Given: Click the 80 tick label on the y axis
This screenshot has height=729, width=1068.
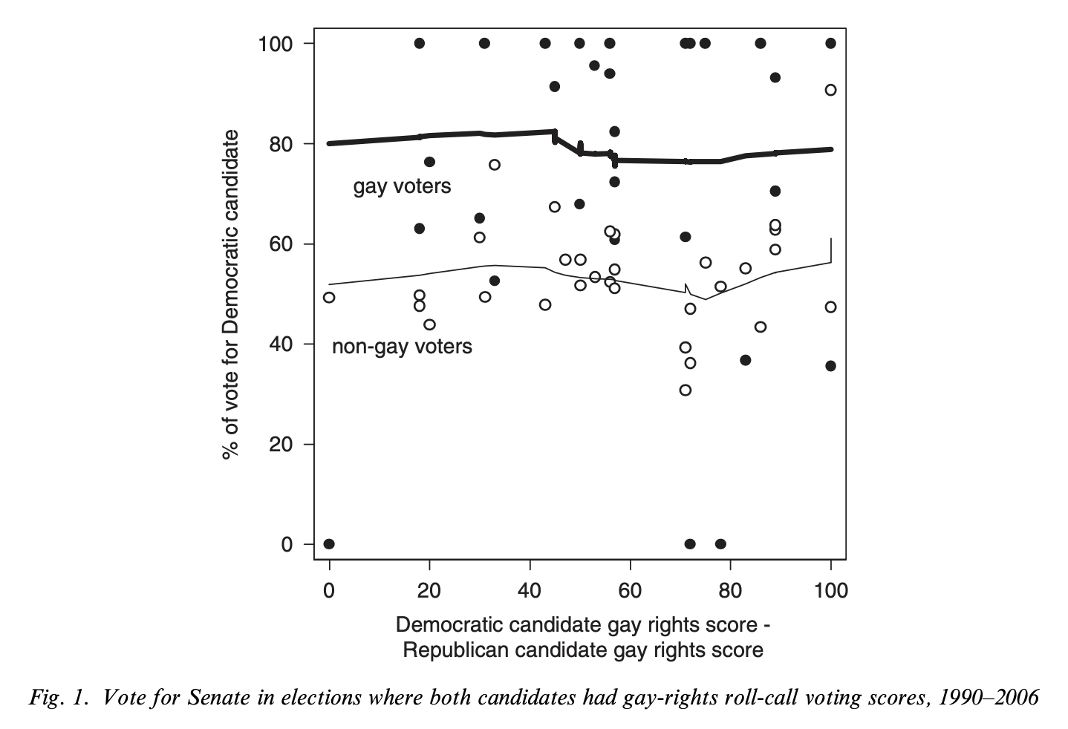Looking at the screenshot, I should pos(281,144).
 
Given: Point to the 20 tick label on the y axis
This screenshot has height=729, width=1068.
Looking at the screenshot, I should pos(281,445).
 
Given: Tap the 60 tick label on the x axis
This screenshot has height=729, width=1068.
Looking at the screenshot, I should pos(630,591).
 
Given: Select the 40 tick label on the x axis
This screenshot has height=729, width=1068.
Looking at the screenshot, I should pos(530,591).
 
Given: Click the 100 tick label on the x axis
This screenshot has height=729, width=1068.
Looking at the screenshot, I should pos(830,591).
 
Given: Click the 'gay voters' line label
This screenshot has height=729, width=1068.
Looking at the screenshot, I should pos(402,186).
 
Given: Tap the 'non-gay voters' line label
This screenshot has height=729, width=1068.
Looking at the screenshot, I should pos(402,346).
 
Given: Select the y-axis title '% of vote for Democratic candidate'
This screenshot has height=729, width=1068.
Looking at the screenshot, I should pos(231,294).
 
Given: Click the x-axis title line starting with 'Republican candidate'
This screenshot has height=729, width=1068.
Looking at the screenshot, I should pos(583,650).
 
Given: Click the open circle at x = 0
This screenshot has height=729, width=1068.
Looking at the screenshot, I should pos(329,298).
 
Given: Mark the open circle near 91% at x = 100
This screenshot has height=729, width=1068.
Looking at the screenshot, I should pos(830,90).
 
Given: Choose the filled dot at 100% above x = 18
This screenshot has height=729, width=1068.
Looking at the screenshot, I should pos(419,44).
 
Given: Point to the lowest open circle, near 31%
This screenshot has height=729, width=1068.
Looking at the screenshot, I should pos(685,390).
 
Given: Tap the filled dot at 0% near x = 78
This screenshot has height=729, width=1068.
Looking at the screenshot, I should pos(720,544).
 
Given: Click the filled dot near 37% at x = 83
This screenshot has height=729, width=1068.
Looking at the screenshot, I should pos(745,360).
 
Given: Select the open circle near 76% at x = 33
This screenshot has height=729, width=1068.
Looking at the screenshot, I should pos(495,165).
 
